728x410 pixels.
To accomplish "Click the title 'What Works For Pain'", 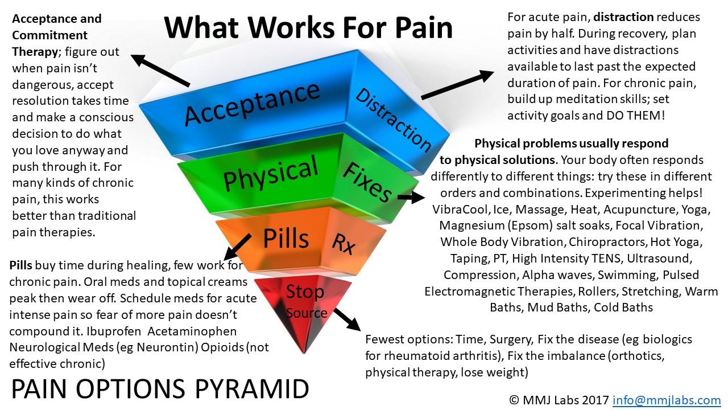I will coord(309,27).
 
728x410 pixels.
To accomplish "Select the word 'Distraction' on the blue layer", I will coord(393,120).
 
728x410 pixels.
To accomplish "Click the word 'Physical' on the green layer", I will coord(271,174).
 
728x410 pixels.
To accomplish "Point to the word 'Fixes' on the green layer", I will coord(367,182).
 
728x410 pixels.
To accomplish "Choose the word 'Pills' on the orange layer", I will coord(286,238).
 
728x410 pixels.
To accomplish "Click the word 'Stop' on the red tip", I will coord(305,292).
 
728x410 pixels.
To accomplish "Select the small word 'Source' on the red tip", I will coord(307,313).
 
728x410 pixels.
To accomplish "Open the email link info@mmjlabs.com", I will coord(667,400).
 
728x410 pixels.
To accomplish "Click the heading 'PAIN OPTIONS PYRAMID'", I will coord(160,389).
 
